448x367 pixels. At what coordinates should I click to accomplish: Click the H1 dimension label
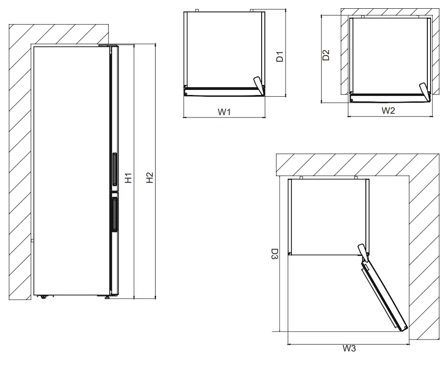click(129, 178)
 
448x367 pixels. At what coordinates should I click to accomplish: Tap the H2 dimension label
click(149, 178)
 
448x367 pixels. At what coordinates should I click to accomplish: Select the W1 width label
click(224, 111)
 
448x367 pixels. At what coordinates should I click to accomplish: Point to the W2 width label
click(388, 111)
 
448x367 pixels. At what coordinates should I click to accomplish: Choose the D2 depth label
click(326, 55)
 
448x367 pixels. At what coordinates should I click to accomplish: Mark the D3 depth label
click(274, 255)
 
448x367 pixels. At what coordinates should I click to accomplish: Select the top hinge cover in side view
click(108, 45)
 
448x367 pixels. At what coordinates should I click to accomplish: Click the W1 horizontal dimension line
click(224, 118)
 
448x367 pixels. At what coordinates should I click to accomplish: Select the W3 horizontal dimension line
click(349, 344)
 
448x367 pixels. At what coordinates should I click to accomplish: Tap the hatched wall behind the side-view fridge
click(20, 161)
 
